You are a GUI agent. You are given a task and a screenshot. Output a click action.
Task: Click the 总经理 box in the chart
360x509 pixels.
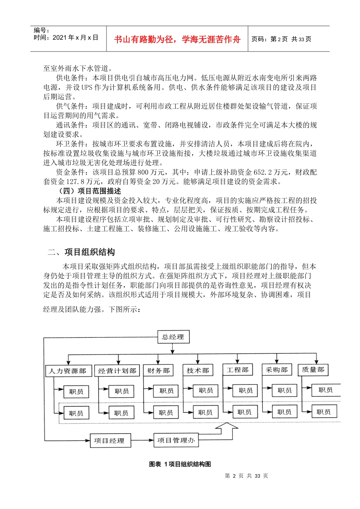pyautogui.click(x=173, y=337)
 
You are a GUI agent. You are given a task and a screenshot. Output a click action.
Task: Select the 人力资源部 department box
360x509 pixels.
pyautogui.click(x=67, y=371)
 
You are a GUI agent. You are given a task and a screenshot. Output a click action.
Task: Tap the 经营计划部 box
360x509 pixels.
pyautogui.click(x=117, y=371)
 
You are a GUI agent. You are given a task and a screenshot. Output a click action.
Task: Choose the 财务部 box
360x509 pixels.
pyautogui.click(x=158, y=370)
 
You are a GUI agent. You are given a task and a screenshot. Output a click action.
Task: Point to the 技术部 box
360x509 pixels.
pyautogui.click(x=198, y=370)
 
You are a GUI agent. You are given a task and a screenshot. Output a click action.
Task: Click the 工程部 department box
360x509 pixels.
pyautogui.click(x=238, y=370)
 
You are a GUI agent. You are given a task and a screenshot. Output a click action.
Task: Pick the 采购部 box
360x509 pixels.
pyautogui.click(x=277, y=370)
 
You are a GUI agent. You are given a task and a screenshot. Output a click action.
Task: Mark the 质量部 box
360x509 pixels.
pyautogui.click(x=313, y=370)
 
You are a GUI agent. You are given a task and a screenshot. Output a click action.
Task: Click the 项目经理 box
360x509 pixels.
pyautogui.click(x=110, y=440)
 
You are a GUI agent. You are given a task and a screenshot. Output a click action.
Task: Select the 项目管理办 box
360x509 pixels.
pyautogui.click(x=176, y=440)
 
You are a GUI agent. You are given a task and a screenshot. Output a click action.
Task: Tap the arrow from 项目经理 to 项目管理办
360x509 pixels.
pyautogui.click(x=142, y=440)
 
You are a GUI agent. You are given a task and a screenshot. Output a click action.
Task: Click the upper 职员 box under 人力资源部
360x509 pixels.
pyautogui.click(x=76, y=392)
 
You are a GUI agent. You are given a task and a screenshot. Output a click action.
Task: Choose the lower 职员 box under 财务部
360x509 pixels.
pyautogui.click(x=166, y=412)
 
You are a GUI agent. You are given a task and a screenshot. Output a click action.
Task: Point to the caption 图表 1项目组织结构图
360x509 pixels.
pyautogui.click(x=180, y=464)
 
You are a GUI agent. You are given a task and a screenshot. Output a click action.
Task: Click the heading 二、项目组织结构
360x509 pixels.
pyautogui.click(x=81, y=252)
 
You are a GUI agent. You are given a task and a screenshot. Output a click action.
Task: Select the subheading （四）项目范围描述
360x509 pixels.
pyautogui.click(x=89, y=191)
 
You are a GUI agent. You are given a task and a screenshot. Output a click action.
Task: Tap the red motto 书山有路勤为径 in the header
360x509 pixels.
pyautogui.click(x=177, y=39)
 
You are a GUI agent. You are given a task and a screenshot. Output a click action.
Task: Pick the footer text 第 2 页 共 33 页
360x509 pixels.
pyautogui.click(x=246, y=476)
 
